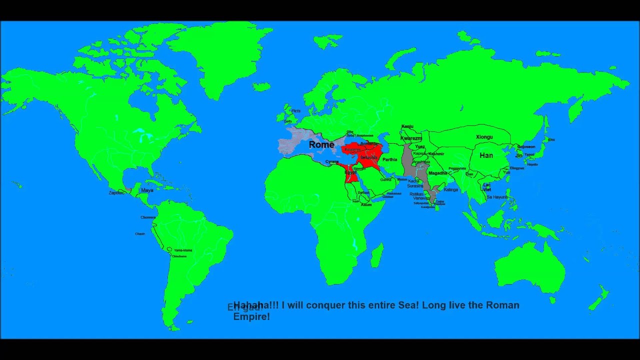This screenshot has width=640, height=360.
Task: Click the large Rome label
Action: click(321, 144)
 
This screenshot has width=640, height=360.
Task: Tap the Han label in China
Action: click(486, 155)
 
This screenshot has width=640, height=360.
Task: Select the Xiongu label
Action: click(484, 137)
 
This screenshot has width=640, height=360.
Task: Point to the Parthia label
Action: click(389, 160)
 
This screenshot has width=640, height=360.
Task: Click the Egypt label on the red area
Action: click(350, 172)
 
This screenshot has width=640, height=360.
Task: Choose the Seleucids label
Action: click(368, 157)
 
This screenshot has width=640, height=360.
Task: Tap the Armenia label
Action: click(369, 144)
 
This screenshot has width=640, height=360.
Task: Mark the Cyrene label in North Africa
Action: click(332, 162)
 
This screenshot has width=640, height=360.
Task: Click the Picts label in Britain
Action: click(296, 111)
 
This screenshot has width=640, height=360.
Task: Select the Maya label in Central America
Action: click(147, 190)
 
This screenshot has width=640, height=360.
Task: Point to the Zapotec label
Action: click(116, 192)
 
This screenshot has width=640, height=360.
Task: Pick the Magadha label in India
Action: click(438, 173)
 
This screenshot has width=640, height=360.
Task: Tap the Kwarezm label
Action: click(411, 138)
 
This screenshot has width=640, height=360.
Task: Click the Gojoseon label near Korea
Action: click(525, 147)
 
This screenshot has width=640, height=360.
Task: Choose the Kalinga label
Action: click(450, 190)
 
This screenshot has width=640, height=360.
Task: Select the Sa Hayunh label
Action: click(497, 197)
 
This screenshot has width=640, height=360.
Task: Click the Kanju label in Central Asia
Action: click(407, 126)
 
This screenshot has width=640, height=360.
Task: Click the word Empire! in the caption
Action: click(251, 316)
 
